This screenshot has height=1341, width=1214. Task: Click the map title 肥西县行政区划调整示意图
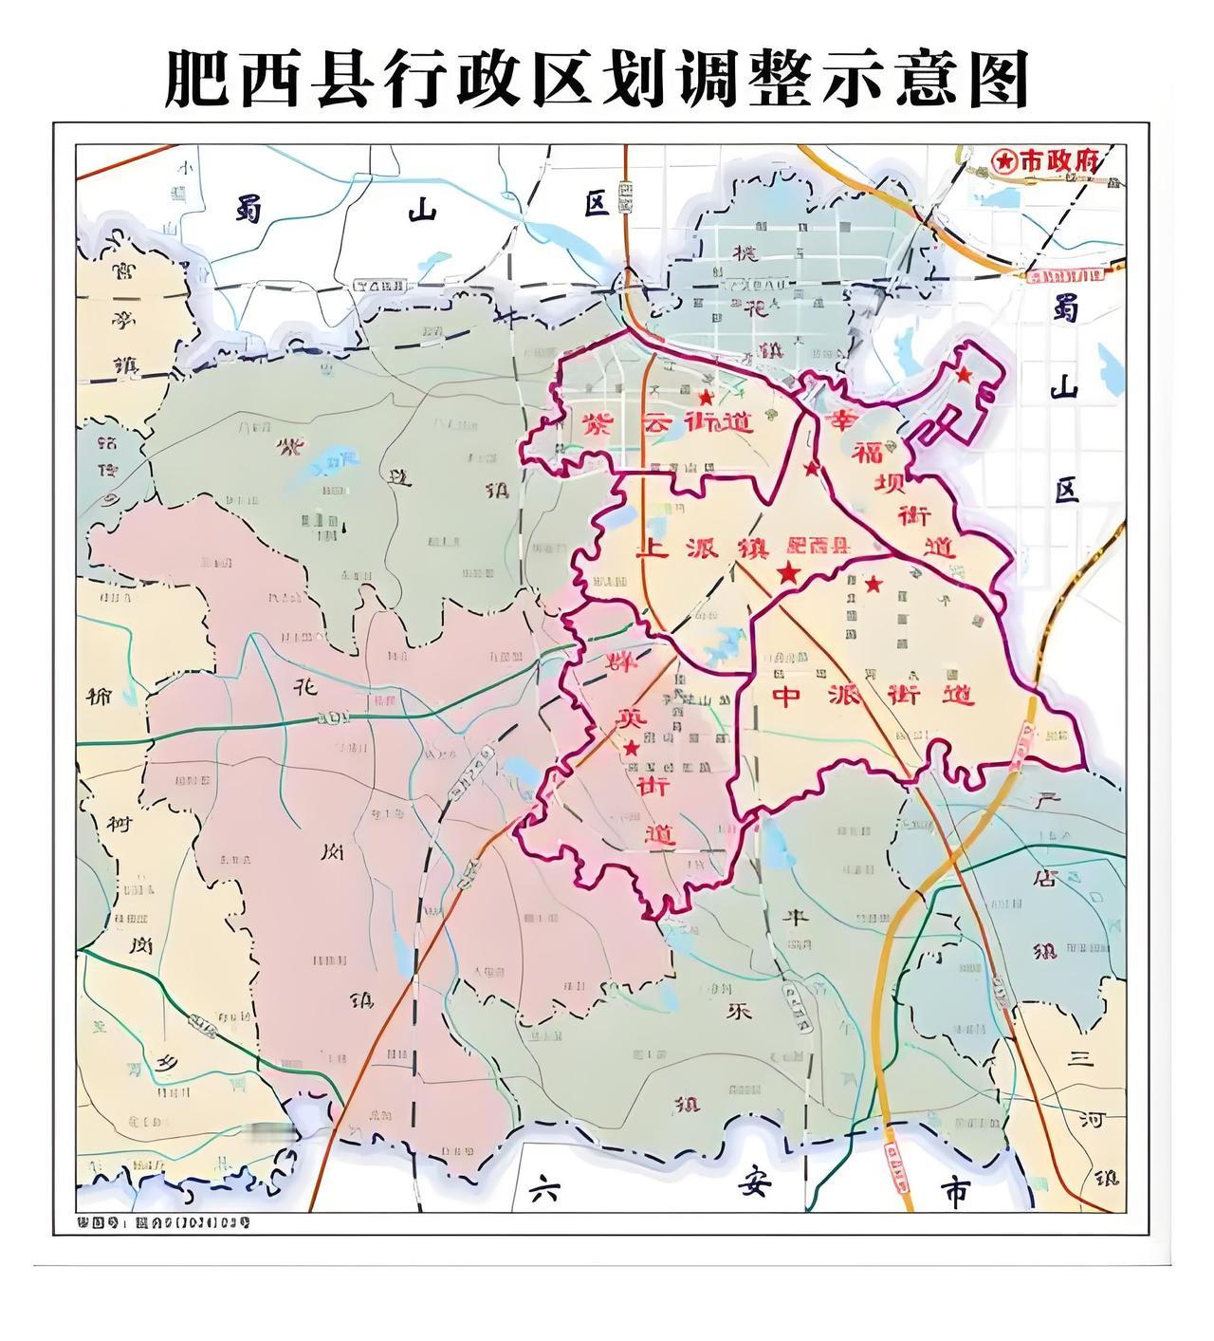[x=597, y=79]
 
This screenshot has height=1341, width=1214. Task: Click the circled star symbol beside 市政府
[x=1003, y=161]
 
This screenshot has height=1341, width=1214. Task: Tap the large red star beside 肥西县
[x=787, y=572]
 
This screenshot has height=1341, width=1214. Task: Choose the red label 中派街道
[x=873, y=696]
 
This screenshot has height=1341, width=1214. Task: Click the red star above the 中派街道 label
[x=873, y=583]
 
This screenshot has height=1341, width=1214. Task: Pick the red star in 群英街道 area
[x=632, y=748]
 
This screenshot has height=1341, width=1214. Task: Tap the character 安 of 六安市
[x=750, y=1187]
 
